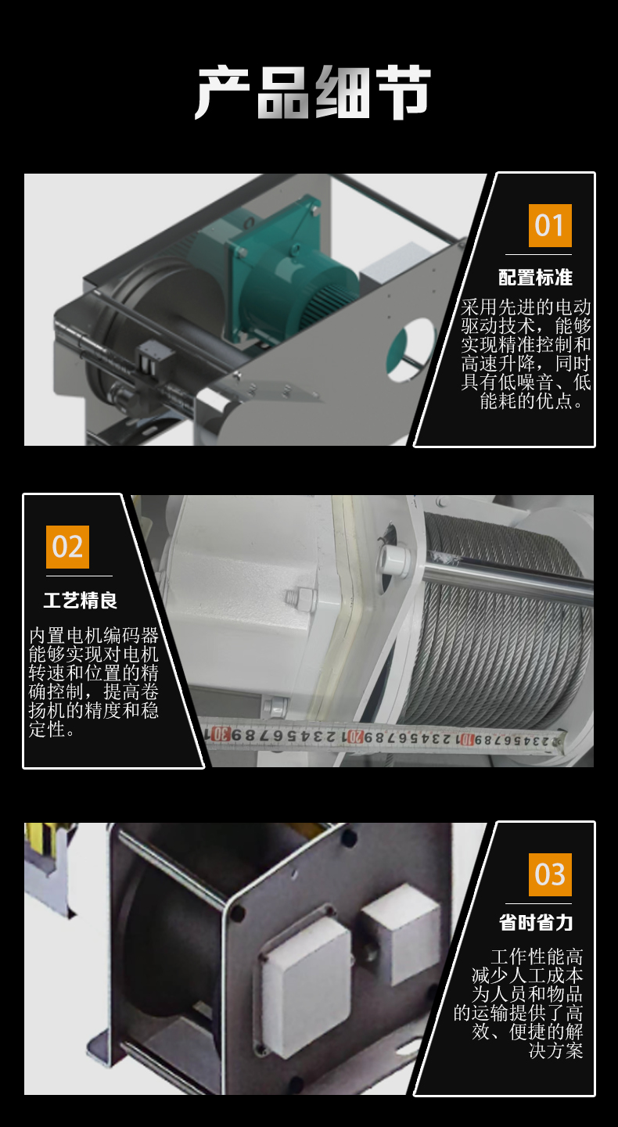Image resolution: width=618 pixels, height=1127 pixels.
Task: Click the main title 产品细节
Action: (313, 94)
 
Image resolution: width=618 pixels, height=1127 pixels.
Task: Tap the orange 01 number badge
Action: (550, 225)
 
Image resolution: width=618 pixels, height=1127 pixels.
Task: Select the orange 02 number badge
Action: (67, 547)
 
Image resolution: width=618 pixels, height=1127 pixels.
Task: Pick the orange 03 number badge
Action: (550, 874)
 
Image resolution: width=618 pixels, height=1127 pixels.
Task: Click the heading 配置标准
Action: (535, 277)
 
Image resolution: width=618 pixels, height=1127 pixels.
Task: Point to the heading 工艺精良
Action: (81, 600)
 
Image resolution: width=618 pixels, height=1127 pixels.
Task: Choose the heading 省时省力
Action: (535, 922)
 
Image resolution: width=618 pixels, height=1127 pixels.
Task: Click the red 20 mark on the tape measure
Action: (356, 737)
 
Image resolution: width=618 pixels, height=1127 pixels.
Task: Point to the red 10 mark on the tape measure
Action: (467, 740)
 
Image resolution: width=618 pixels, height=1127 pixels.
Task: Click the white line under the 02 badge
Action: (79, 576)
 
